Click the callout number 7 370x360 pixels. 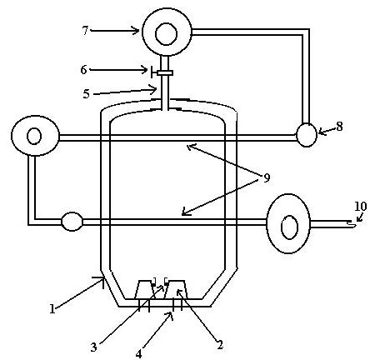point(85,31)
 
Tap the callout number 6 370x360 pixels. point(83,70)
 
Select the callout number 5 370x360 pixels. point(87,94)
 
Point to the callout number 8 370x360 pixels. point(339,127)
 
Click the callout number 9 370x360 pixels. point(267,178)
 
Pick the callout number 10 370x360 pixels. point(361,207)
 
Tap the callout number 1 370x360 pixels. point(52,308)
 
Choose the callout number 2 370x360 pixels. point(220,345)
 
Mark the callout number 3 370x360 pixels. point(93,347)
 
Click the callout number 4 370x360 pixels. point(139,354)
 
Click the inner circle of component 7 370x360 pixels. point(167,33)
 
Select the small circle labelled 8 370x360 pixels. point(307,135)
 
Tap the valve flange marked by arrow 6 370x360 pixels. point(165,72)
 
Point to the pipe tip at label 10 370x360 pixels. point(353,223)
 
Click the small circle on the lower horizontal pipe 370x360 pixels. point(72,222)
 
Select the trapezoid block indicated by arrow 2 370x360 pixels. point(177,289)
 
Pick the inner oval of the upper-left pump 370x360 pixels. point(34,136)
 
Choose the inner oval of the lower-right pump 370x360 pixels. point(290,227)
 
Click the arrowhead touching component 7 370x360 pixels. point(136,31)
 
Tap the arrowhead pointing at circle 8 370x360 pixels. point(322,132)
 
